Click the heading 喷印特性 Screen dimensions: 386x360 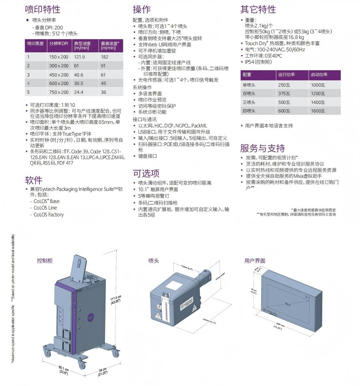click(x=42, y=9)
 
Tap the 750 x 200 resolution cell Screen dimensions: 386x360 click(x=59, y=92)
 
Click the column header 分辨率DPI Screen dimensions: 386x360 click(x=59, y=43)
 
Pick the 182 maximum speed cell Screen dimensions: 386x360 click(x=104, y=57)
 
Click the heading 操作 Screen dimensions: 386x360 click(x=142, y=9)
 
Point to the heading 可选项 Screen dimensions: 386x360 click(x=146, y=173)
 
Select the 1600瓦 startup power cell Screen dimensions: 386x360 click(x=318, y=111)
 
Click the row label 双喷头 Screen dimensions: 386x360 click(x=249, y=93)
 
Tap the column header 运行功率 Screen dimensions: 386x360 click(x=286, y=75)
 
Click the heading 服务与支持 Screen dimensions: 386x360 click(x=262, y=148)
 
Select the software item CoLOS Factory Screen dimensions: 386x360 click(x=48, y=215)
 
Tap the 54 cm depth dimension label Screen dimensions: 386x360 click(x=103, y=372)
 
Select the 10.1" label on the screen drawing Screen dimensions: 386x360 click(x=287, y=304)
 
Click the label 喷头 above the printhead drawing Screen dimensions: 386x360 click(x=154, y=261)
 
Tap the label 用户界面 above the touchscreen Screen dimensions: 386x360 click(x=255, y=261)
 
